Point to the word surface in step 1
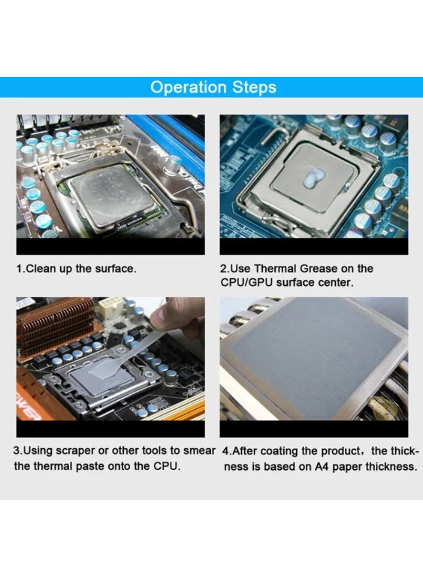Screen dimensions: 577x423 pos(114,269)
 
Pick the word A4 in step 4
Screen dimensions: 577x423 pos(322,466)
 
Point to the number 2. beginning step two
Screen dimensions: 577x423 pos(224,269)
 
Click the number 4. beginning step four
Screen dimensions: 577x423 pos(227,451)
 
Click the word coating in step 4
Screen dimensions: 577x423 pos(283,451)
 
